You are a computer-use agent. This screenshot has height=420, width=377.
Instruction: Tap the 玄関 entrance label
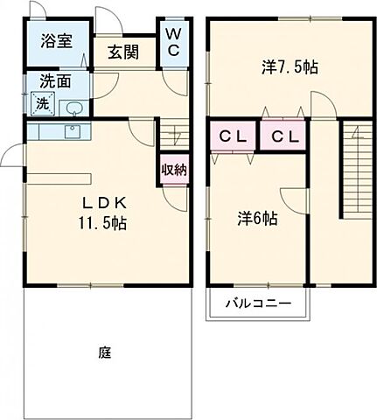coord(123,52)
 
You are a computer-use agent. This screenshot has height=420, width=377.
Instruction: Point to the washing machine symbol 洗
coord(41,104)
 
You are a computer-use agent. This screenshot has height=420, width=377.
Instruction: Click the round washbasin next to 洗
coord(74,108)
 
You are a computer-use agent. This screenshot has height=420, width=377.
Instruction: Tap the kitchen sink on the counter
coord(72,131)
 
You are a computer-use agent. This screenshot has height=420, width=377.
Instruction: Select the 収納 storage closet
coord(172,170)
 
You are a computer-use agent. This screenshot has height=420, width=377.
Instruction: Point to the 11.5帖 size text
coord(101,223)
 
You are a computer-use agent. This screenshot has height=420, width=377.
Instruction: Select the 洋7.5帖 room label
coord(289,66)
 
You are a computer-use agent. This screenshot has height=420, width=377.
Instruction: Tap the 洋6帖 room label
coord(256,219)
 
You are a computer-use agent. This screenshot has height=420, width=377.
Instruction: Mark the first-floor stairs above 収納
coord(172,136)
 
